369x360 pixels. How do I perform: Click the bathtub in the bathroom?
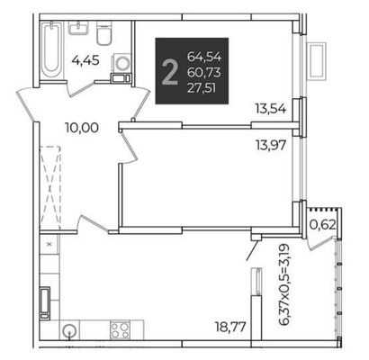[51, 49]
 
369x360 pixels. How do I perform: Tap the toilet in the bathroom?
[104, 33]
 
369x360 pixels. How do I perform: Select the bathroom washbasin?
[78, 28]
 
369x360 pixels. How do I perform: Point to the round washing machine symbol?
[121, 63]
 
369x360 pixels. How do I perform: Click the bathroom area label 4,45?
[85, 61]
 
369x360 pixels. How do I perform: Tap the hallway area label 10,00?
[82, 128]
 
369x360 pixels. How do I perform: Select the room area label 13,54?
[271, 108]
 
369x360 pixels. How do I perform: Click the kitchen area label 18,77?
[230, 326]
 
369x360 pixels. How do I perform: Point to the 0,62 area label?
[322, 224]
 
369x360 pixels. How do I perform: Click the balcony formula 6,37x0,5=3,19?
[284, 284]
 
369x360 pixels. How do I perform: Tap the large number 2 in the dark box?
[169, 72]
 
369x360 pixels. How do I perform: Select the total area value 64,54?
[204, 57]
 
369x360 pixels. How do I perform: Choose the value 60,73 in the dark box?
[204, 72]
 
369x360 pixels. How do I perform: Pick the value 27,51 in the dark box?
[202, 88]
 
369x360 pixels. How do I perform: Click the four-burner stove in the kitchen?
[120, 329]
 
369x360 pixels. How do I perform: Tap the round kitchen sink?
[70, 330]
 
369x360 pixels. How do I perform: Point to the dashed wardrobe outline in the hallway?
[50, 188]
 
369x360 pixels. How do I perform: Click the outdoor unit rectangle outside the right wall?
[316, 61]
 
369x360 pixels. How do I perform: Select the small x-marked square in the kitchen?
[49, 244]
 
